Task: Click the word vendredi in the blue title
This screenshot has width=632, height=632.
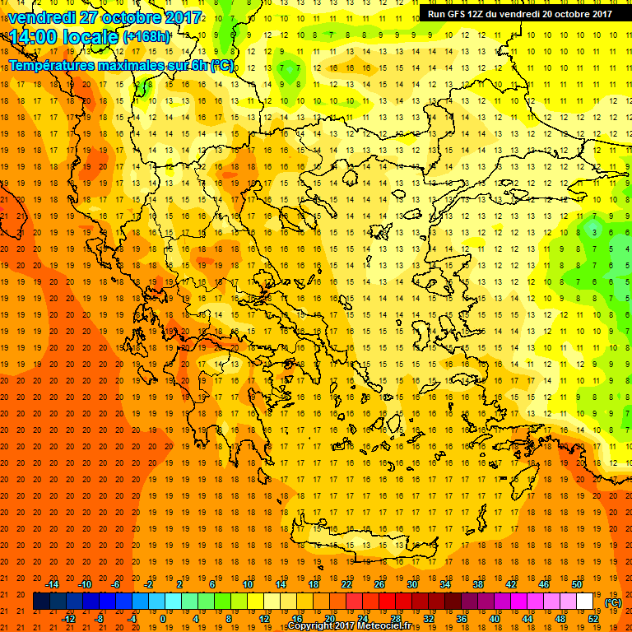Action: (43, 16)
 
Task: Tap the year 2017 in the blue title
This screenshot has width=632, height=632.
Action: (182, 16)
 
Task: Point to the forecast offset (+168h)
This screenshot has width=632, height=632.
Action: (146, 37)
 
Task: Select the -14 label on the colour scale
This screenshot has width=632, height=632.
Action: (53, 583)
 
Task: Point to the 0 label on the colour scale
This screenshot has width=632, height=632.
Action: (162, 619)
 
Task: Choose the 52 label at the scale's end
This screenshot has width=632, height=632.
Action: (592, 619)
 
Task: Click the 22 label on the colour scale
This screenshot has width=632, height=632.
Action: (346, 583)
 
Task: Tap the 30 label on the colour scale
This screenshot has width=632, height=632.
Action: (411, 583)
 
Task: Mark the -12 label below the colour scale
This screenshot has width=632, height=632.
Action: (68, 619)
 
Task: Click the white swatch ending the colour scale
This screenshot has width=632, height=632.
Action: (584, 602)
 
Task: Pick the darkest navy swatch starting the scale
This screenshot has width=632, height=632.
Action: (41, 602)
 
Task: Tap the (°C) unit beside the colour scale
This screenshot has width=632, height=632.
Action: (613, 602)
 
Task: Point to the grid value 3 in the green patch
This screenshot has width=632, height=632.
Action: (594, 232)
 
